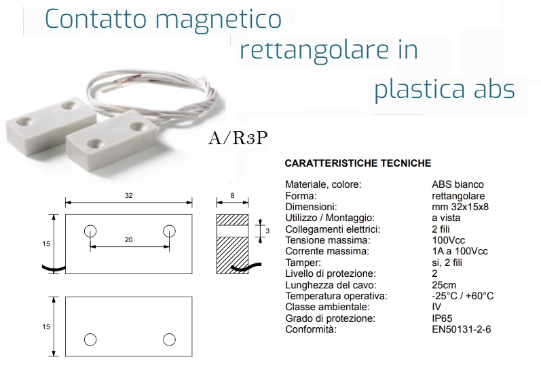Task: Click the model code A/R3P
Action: [238, 138]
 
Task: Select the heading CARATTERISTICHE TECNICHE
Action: [358, 163]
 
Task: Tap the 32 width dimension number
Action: [129, 196]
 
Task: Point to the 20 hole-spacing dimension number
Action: [129, 240]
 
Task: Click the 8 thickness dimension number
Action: [233, 196]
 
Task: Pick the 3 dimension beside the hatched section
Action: [267, 231]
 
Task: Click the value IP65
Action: [442, 318]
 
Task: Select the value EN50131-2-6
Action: [462, 329]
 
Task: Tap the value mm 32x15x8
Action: [460, 207]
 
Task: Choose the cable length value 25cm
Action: [444, 285]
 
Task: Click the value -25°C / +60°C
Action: [463, 296]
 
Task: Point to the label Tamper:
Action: [303, 263]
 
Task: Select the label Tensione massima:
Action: [328, 240]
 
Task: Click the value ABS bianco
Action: [458, 184]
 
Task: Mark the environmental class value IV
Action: [436, 307]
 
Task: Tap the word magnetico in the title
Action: [219, 20]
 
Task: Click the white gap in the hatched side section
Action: [233, 231]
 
